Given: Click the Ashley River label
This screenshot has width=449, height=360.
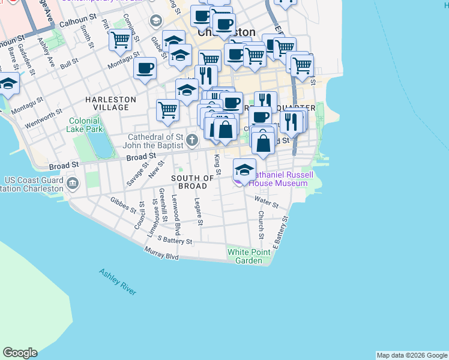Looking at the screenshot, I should pyautogui.click(x=118, y=281).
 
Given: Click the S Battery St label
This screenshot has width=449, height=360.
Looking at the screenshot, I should pyautogui.click(x=174, y=241).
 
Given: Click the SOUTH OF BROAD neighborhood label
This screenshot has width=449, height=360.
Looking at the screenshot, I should pyautogui.click(x=192, y=182).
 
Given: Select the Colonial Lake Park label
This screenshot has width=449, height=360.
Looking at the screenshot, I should pyautogui.click(x=85, y=124).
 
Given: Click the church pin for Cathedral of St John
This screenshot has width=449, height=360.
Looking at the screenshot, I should pyautogui.click(x=192, y=141).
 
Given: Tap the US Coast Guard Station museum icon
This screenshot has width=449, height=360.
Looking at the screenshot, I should pyautogui.click(x=73, y=183).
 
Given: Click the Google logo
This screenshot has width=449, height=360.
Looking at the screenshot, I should pyautogui.click(x=20, y=353).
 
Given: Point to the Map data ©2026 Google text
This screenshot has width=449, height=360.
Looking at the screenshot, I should pyautogui.click(x=411, y=355).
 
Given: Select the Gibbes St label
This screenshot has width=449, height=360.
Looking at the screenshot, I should pyautogui.click(x=124, y=205).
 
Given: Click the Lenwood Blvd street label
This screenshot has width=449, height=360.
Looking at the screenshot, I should pyautogui.click(x=176, y=215).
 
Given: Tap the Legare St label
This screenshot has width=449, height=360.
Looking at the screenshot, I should pyautogui.click(x=199, y=212).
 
